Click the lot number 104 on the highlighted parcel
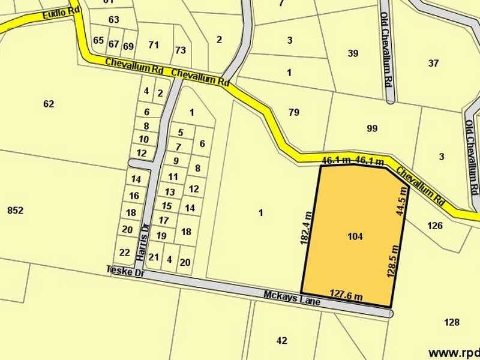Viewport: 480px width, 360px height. coord(355,236)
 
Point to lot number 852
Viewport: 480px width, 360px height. coord(15,210)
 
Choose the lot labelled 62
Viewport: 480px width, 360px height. coord(49,104)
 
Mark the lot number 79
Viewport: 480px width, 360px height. coord(293,112)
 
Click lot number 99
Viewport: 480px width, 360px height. coord(372,128)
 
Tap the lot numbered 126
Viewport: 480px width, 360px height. coord(435,226)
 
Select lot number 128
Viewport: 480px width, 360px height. coord(451,322)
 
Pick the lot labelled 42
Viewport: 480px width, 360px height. coord(282,340)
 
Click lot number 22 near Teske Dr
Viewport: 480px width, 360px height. coord(124,252)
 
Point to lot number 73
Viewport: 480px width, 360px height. coord(180,50)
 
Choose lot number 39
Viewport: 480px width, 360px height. coord(353,53)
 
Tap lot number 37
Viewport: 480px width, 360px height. coord(434,63)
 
